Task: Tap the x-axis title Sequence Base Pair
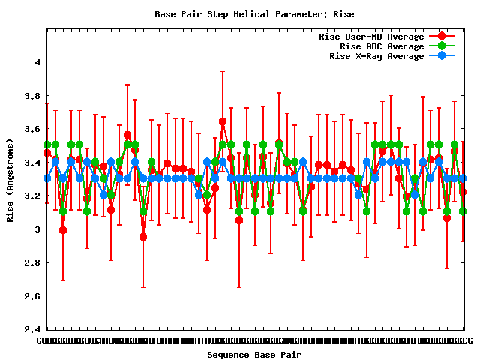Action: coord(254,354)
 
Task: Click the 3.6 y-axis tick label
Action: coord(29,129)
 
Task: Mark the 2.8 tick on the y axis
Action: coord(29,262)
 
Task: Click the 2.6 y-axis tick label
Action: coord(29,296)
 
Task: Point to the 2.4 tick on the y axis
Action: coord(29,329)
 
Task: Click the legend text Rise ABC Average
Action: coord(382,46)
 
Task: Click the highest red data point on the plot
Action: coord(223,121)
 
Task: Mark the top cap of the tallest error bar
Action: coord(223,71)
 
